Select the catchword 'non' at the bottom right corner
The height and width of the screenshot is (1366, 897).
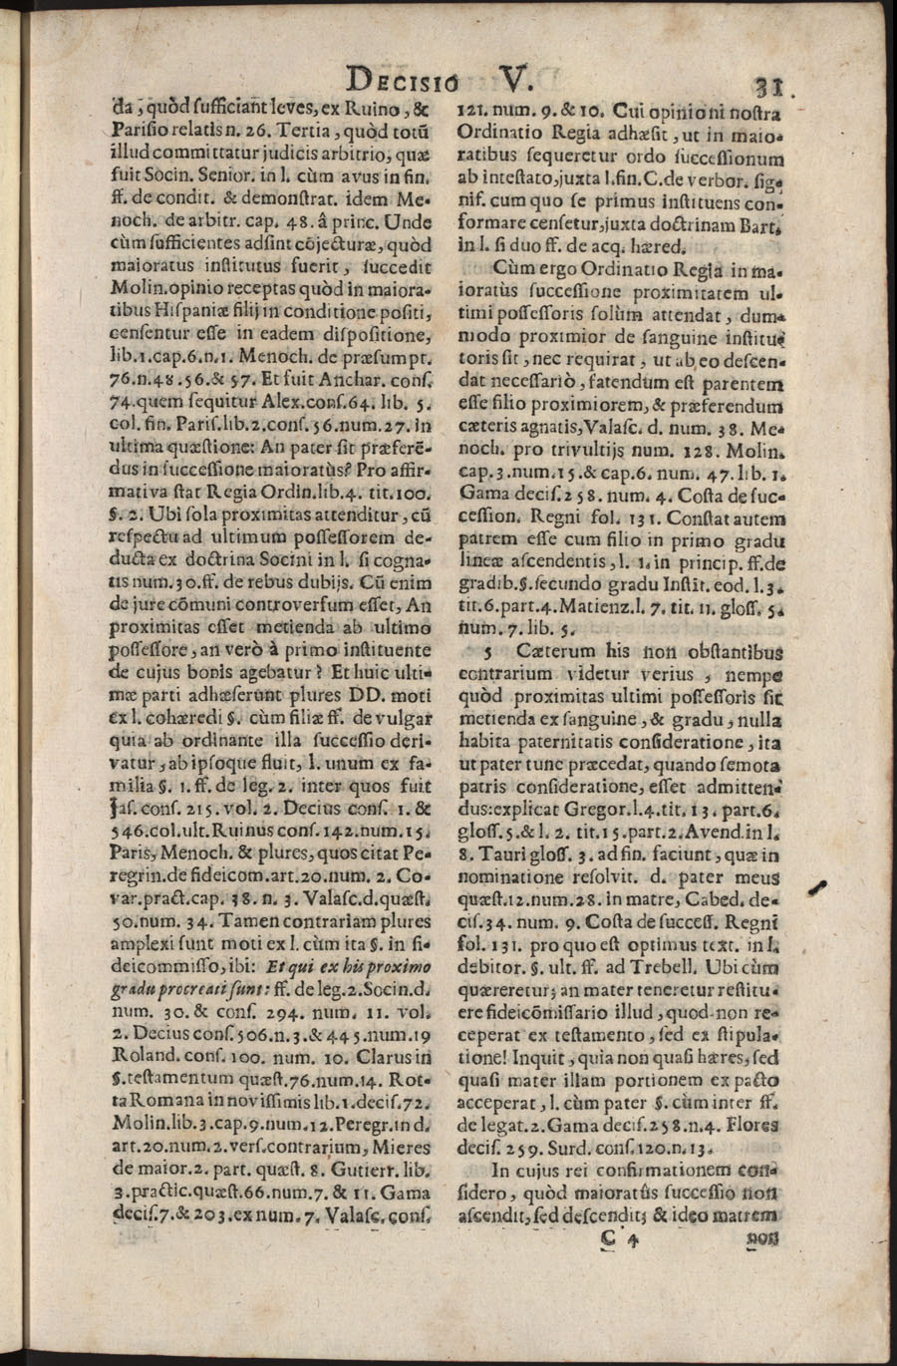point(764,1237)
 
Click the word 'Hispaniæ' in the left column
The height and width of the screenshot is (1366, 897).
point(189,311)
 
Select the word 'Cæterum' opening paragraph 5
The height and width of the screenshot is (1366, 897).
point(534,650)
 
